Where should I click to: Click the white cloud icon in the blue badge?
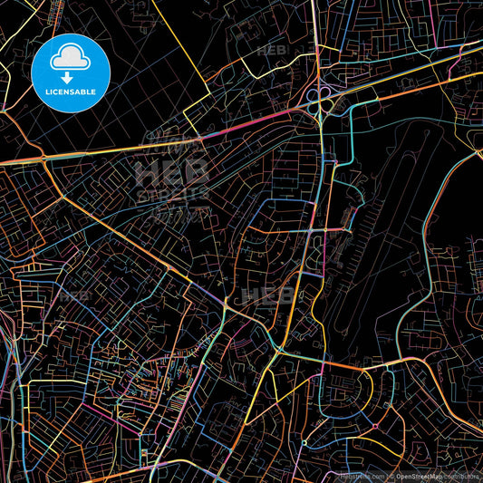(x=70, y=59)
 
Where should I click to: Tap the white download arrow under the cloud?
(x=70, y=78)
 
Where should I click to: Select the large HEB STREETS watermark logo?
(x=170, y=181)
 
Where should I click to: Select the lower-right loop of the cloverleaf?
(x=325, y=105)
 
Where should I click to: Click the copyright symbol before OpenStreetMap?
(x=391, y=476)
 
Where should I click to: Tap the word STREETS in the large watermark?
(x=170, y=193)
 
